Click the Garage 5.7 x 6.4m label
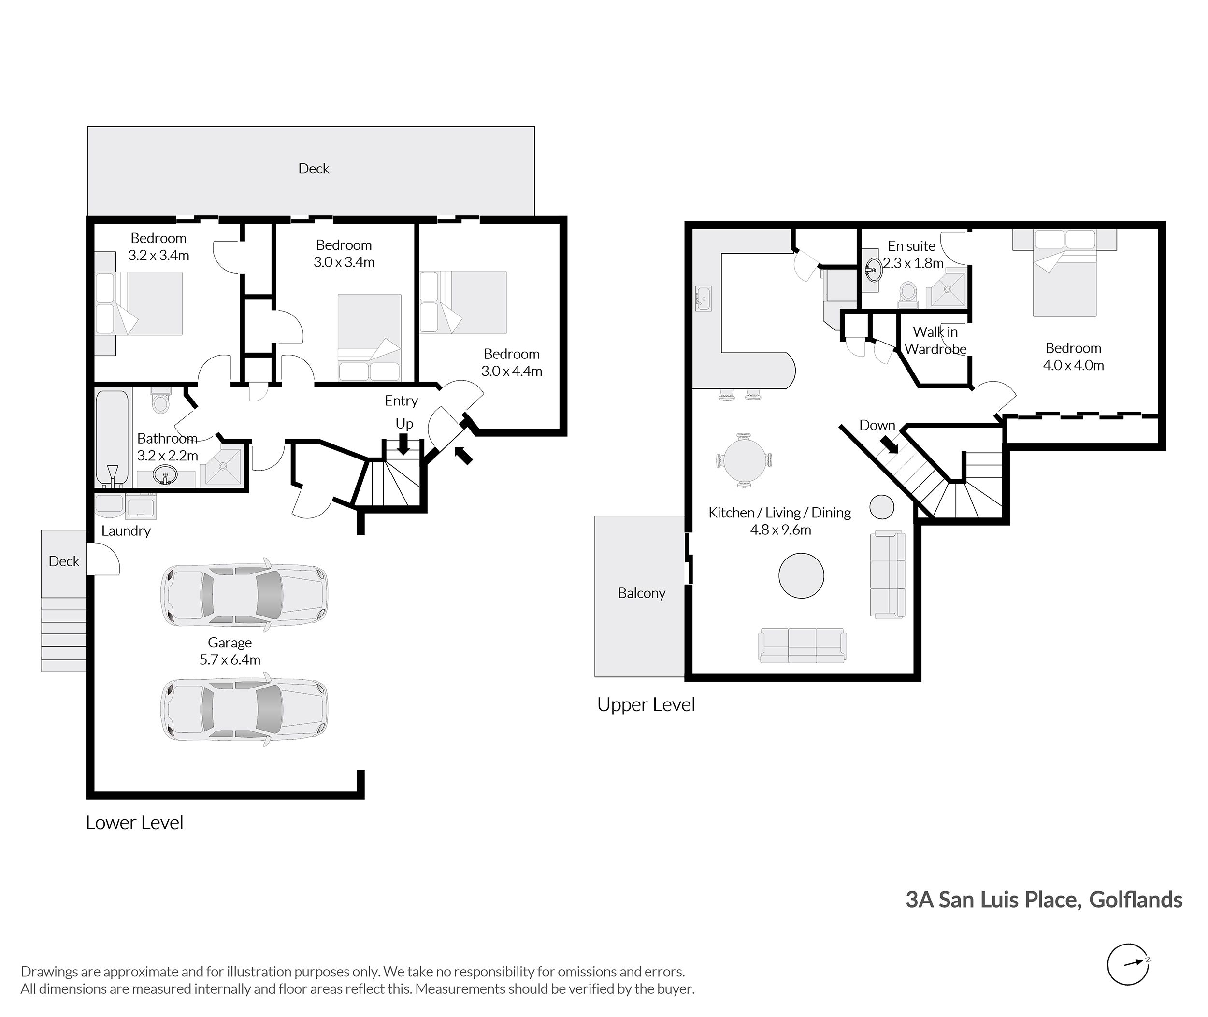230,651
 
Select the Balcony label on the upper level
641,593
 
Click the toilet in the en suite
907,293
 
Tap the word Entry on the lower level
402,400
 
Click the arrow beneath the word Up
403,444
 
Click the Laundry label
126,530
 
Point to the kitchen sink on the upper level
703,298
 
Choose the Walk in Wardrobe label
935,340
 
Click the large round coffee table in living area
801,575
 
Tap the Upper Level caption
646,704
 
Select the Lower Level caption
134,822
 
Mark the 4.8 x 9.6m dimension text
780,530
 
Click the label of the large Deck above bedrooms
314,168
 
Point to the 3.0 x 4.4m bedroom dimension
511,371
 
